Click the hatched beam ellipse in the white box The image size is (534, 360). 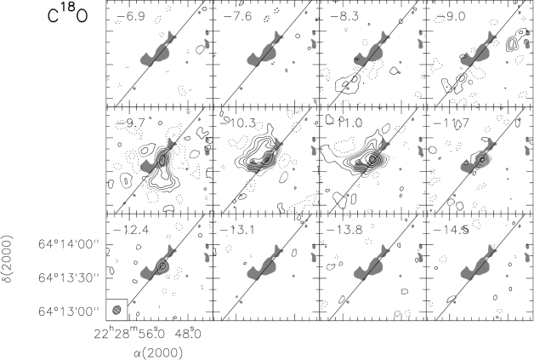point(116,310)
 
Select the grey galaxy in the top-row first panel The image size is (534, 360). point(157,52)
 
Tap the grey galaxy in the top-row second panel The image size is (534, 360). point(264,52)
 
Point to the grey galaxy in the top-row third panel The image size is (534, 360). point(371,52)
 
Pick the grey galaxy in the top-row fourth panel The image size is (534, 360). point(478,52)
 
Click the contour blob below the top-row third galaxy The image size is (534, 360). point(348,83)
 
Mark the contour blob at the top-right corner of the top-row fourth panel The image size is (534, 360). point(515,39)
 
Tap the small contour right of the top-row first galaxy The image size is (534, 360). point(200,49)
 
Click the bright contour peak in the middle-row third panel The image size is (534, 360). point(372,158)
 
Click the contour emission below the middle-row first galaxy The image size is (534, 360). point(160,174)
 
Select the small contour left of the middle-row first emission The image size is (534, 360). point(126,180)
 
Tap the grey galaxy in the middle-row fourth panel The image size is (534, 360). point(478,159)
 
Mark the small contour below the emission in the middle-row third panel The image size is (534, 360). point(341,199)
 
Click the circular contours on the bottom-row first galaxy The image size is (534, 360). point(162,266)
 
